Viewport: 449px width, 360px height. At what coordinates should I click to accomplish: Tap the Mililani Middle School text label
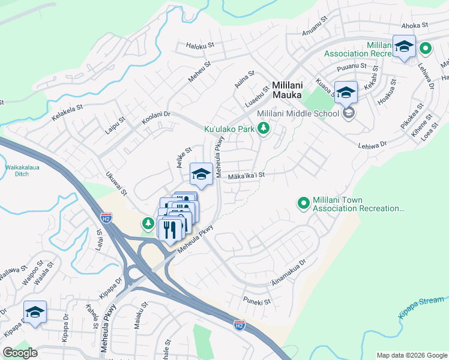298,114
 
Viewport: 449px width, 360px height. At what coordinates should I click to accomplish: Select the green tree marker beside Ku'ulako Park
262,128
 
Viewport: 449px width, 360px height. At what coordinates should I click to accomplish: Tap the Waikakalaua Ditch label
21,170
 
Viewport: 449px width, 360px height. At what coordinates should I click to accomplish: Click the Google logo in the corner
20,353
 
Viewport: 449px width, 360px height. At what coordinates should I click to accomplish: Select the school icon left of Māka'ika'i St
201,175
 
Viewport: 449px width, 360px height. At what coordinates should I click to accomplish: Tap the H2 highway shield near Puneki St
239,325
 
